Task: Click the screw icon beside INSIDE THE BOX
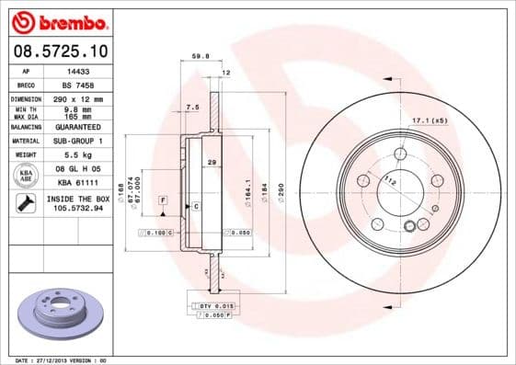pos(25,203)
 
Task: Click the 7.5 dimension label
pos(192,108)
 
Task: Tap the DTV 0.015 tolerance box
pos(216,304)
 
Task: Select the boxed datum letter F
pos(163,200)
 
